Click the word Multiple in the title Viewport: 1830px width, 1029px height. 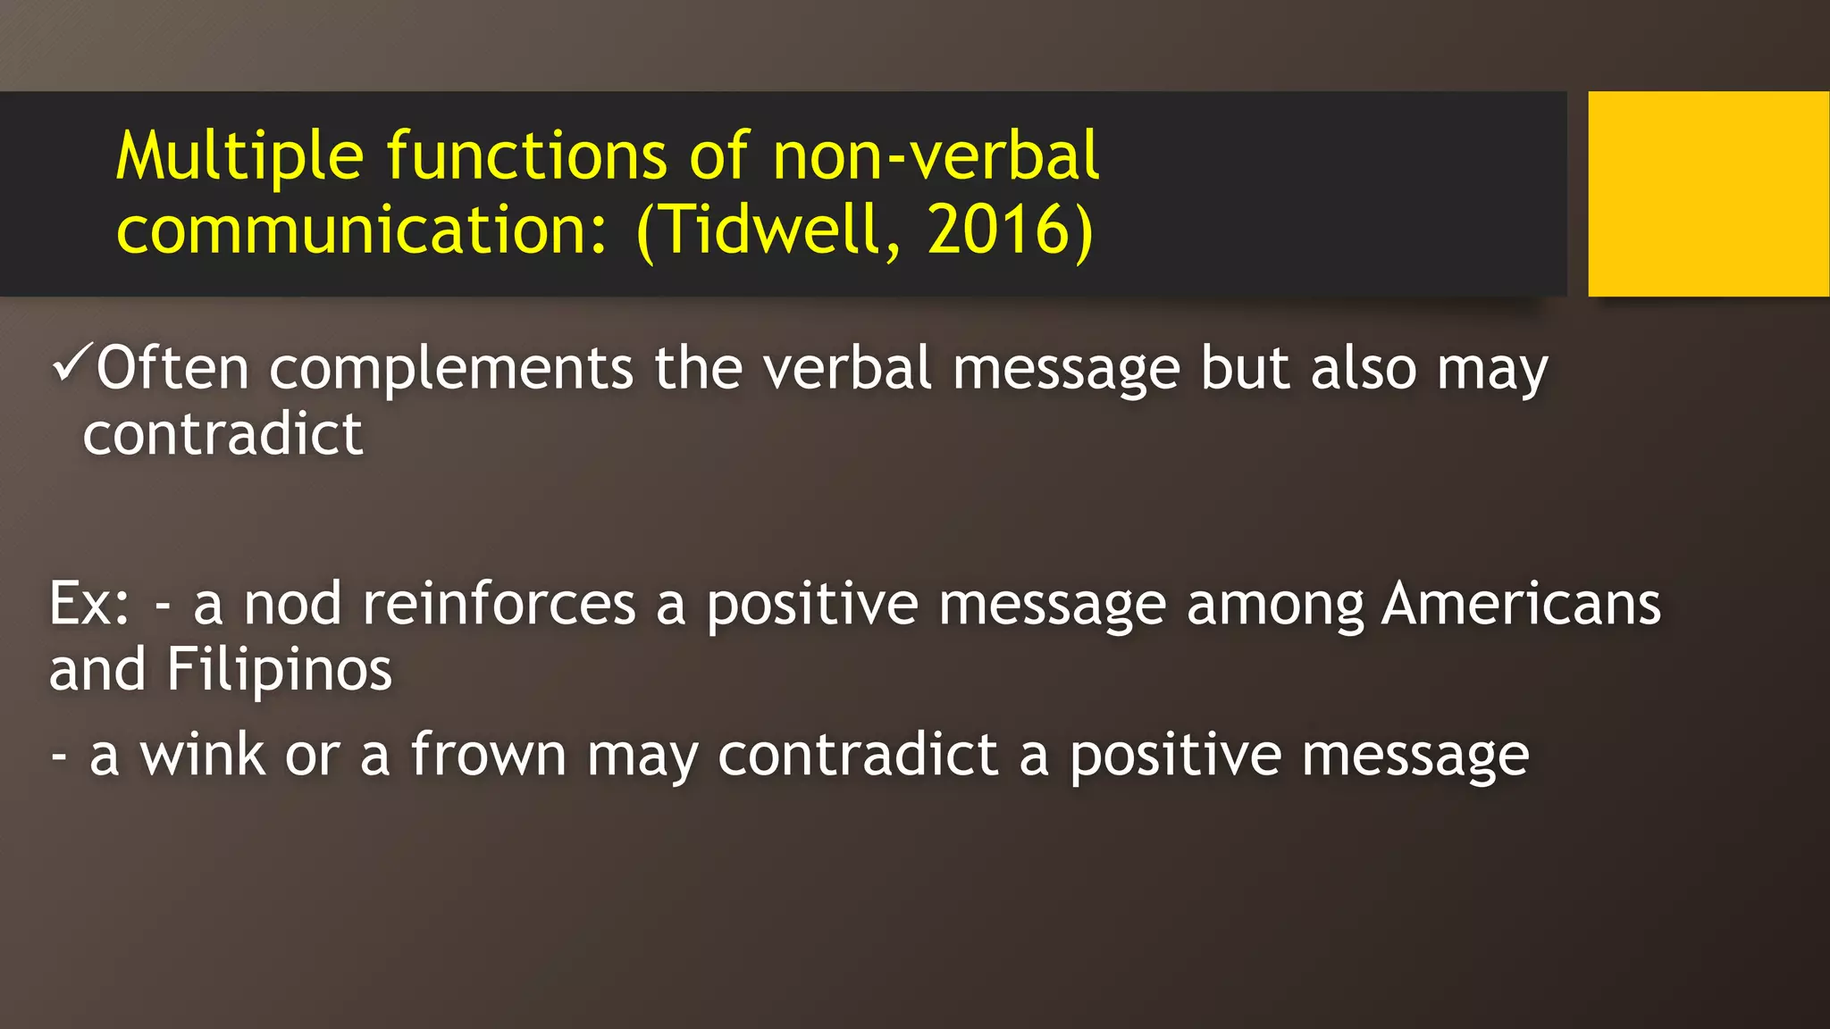pyautogui.click(x=239, y=156)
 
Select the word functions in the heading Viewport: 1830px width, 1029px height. pyautogui.click(x=526, y=156)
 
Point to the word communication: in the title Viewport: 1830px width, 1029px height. pyautogui.click(x=363, y=230)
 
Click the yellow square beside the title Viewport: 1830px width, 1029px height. pyautogui.click(x=1708, y=193)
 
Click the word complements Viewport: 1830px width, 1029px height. pyautogui.click(x=451, y=368)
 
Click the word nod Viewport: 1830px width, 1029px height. pyautogui.click(x=292, y=604)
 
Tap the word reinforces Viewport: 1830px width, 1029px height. pyautogui.click(x=499, y=604)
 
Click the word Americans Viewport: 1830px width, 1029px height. pyautogui.click(x=1521, y=604)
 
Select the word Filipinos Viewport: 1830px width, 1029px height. pyautogui.click(x=279, y=670)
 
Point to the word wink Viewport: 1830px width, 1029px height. pyautogui.click(x=202, y=755)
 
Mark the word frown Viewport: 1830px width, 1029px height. pyautogui.click(x=488, y=755)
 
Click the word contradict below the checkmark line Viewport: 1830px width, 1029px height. pyautogui.click(x=222, y=434)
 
